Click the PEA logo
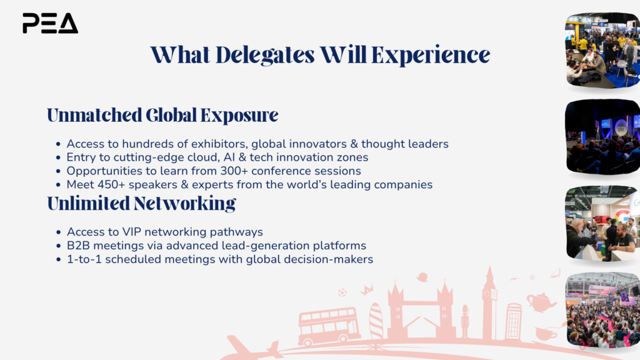pyautogui.click(x=50, y=23)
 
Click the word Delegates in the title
pyautogui.click(x=265, y=56)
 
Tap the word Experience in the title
pyautogui.click(x=430, y=56)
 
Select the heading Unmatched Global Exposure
pyautogui.click(x=162, y=115)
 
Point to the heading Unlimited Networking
pyautogui.click(x=141, y=203)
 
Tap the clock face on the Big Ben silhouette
pyautogui.click(x=486, y=294)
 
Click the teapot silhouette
pyautogui.click(x=541, y=302)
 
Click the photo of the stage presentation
pyautogui.click(x=602, y=137)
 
